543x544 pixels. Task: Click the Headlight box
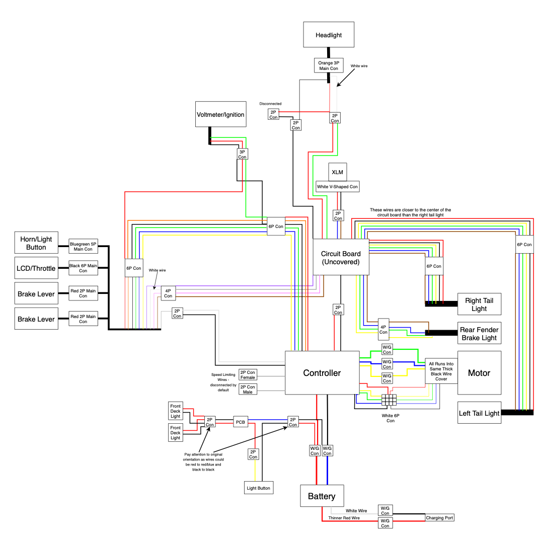pos(329,35)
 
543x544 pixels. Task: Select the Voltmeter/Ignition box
pos(220,114)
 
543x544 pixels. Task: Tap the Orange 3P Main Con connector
pos(329,65)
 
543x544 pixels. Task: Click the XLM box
pos(337,172)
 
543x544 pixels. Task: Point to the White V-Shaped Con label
pos(337,187)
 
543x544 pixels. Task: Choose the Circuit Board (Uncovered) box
pos(341,258)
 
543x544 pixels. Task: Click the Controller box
pos(322,373)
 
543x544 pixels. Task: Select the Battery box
pos(322,496)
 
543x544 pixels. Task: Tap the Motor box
pos(479,373)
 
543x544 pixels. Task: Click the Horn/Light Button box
pos(36,243)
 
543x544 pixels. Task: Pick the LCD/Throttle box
pos(36,268)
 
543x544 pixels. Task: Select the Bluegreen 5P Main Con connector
pos(83,246)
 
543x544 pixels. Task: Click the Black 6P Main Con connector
pos(83,268)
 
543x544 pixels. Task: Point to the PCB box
pos(241,422)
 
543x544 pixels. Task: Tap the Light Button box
pos(259,488)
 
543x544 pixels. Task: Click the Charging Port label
pos(440,518)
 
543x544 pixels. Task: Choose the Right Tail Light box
pos(479,304)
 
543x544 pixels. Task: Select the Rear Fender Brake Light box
pos(479,333)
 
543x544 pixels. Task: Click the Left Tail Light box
pos(479,413)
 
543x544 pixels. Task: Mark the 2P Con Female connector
pos(248,375)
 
